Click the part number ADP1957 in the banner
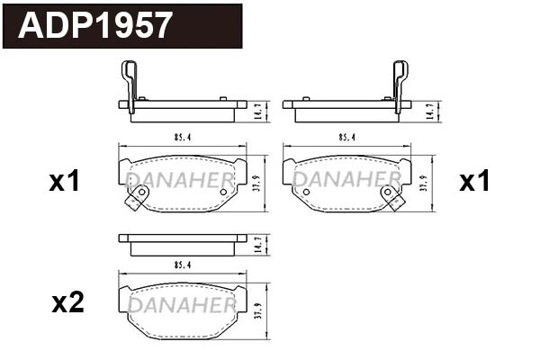95,25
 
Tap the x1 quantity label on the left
65,183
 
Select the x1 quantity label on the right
474,183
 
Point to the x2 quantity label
67,303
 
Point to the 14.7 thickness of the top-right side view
429,111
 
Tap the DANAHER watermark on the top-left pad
180,180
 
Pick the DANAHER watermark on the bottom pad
180,305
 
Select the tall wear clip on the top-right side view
400,85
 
